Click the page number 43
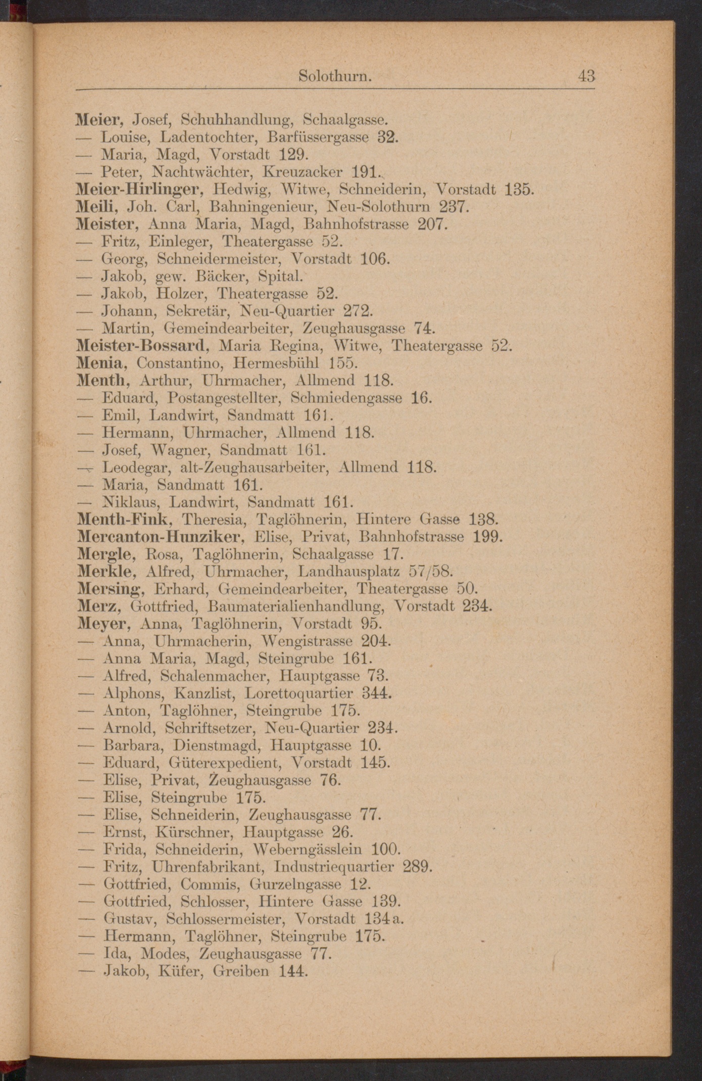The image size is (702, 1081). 587,76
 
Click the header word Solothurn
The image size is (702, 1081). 335,76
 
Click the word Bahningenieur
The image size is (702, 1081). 263,207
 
